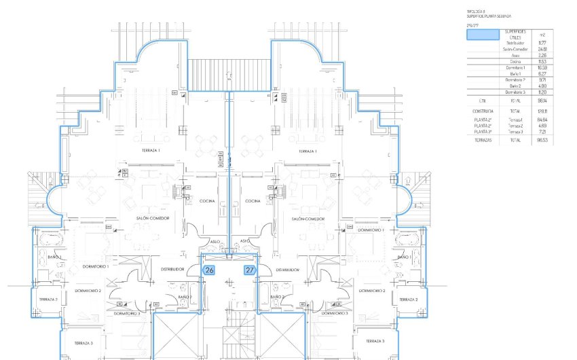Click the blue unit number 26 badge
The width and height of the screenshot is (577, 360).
[210, 270]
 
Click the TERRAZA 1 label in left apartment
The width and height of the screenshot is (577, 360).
[151, 150]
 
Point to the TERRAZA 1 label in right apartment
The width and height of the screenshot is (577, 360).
[310, 151]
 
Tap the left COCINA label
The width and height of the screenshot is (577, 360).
[207, 201]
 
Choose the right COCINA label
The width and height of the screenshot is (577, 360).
[253, 201]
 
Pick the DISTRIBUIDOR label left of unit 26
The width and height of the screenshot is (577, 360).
[173, 270]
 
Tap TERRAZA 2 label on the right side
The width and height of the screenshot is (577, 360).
[408, 299]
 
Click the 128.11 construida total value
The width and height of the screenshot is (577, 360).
[542, 110]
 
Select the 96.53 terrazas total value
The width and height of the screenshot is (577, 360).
[542, 140]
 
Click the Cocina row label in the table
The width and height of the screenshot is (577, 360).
[515, 61]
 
